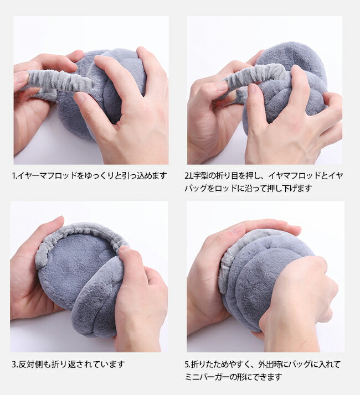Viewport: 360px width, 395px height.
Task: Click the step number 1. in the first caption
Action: coord(14,175)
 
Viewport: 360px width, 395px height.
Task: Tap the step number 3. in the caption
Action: coord(14,364)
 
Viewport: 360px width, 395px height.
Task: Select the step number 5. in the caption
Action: coord(187,364)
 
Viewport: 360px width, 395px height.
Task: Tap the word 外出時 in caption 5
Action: coord(269,364)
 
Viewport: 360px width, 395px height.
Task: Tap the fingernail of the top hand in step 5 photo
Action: coord(238,228)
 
